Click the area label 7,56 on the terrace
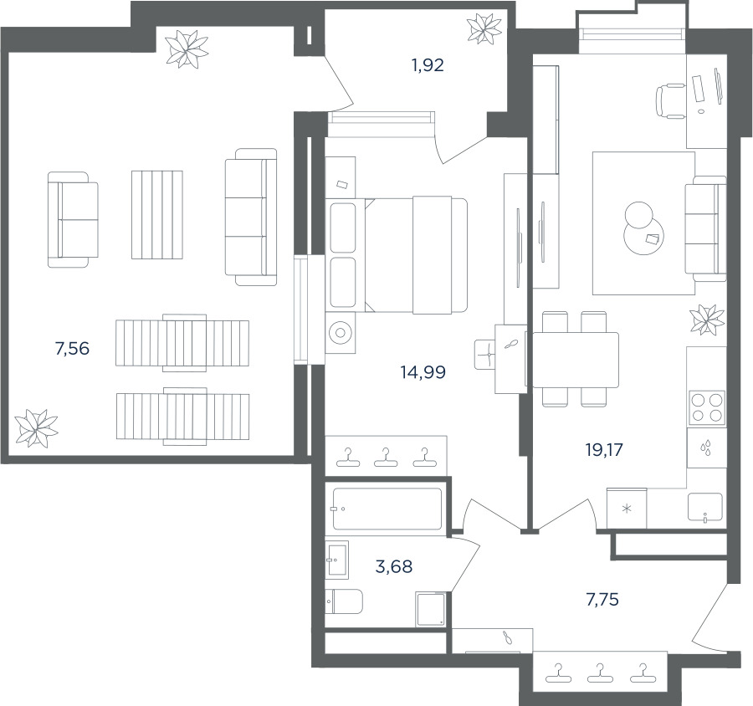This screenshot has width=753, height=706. coord(72,348)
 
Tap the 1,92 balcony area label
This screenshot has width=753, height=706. coord(428,65)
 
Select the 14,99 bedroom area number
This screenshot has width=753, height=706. coord(423,371)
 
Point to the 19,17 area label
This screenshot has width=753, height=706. coord(603,449)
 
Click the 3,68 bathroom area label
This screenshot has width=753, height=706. coord(394,566)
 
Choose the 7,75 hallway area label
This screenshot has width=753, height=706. coord(602,600)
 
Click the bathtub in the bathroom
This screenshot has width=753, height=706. coord(387,509)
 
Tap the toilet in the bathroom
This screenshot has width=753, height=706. coord(343,601)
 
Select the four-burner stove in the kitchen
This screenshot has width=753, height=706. coord(706,407)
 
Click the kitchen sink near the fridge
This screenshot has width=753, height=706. coord(705,507)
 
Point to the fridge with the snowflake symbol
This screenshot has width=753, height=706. coord(627,509)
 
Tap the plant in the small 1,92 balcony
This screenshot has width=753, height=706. coord(484,28)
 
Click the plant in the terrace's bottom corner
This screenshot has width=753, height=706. coord(36,428)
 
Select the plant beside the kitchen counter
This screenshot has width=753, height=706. coord(707,320)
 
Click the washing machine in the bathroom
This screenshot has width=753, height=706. coord(431,609)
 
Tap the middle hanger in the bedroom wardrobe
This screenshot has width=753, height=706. coord(386,458)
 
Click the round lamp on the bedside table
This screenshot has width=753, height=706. coord(341,333)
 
